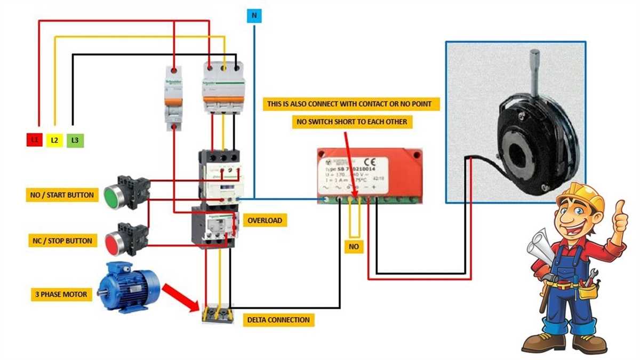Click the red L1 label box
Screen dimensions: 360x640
[x=35, y=140]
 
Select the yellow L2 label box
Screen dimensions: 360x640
[x=54, y=140]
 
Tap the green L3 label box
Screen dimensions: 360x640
[x=75, y=140]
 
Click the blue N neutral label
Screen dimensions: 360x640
[x=254, y=16]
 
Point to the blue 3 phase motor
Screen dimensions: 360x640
[x=128, y=286]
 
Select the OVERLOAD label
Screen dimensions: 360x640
[x=264, y=220]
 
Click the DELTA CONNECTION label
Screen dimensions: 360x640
[x=278, y=320]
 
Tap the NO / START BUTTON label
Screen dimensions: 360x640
[x=61, y=195]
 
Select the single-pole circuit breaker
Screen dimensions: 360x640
[x=174, y=99]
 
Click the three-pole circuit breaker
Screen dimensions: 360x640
[x=223, y=88]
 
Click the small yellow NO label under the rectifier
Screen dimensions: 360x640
[x=354, y=247]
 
